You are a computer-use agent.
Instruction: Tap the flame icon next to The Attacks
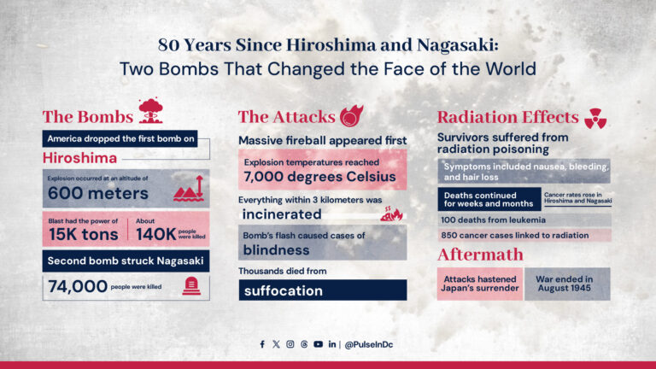[x=349, y=116]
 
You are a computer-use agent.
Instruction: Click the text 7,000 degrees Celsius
[x=320, y=178]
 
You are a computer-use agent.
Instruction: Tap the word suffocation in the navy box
[x=283, y=290]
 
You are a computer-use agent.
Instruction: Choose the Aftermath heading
[x=480, y=255]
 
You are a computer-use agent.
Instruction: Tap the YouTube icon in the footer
[x=318, y=344]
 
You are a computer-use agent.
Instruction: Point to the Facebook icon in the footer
[x=262, y=344]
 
